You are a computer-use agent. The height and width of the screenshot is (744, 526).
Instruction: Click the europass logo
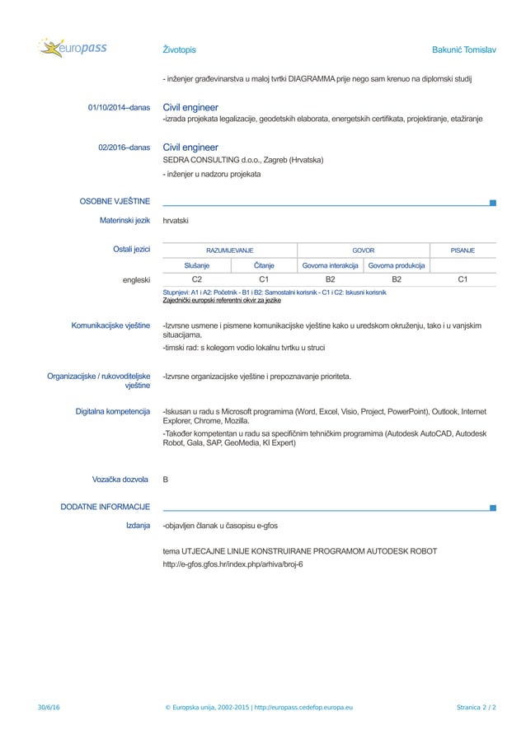73,49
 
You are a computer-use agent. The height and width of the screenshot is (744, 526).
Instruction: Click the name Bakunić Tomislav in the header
463,50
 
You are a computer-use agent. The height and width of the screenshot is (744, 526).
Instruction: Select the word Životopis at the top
179,50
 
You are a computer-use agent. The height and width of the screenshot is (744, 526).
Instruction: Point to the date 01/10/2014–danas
119,108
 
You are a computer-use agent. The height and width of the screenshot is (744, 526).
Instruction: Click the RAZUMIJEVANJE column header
229,250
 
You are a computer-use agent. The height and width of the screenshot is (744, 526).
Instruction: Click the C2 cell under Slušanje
197,280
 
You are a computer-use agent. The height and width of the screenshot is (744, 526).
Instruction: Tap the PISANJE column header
462,250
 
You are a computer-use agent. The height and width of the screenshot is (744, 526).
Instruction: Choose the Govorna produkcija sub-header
397,265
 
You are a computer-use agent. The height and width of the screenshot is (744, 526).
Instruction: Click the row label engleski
136,280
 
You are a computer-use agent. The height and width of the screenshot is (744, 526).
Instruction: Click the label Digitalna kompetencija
112,411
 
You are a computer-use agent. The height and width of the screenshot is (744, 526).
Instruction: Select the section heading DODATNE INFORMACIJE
105,506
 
